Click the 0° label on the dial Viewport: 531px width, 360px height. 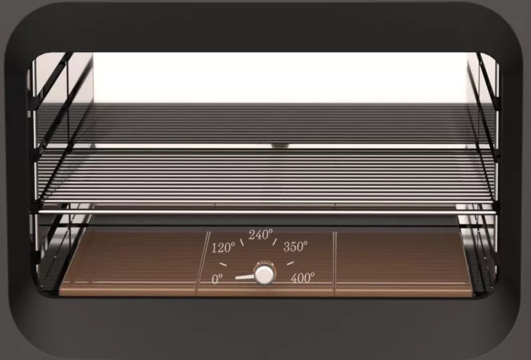click(x=217, y=279)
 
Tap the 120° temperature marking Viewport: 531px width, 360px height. click(x=223, y=248)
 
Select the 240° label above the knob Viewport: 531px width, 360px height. click(x=260, y=234)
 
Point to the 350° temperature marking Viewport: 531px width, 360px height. click(x=295, y=246)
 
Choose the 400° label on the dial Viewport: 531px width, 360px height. click(x=303, y=278)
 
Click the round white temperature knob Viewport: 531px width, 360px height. click(x=264, y=275)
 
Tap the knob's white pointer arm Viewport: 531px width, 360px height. click(x=244, y=277)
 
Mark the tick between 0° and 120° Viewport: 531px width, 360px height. click(x=223, y=264)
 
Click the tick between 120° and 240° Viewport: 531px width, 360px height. click(x=242, y=242)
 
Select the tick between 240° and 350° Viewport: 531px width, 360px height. click(x=275, y=242)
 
